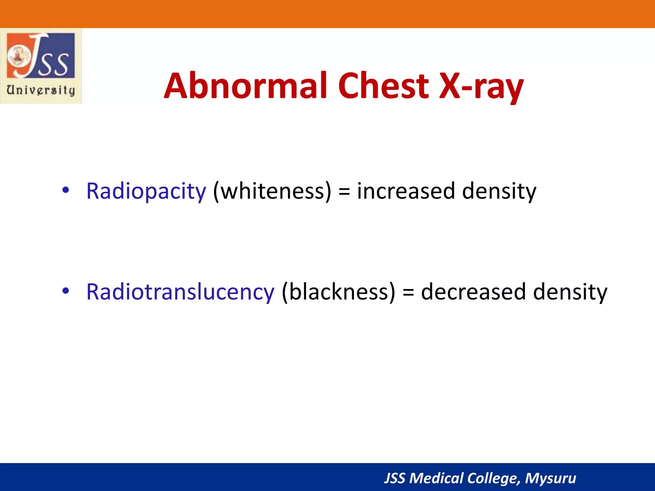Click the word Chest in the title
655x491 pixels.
click(383, 86)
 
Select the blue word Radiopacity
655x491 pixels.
click(146, 191)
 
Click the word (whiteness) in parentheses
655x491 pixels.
click(272, 191)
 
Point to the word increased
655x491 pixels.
click(406, 191)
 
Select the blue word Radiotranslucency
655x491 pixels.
click(180, 292)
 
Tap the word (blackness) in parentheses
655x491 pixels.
click(338, 292)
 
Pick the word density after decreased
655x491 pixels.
click(570, 292)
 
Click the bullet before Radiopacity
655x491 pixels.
click(66, 190)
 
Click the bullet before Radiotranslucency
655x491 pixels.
click(66, 291)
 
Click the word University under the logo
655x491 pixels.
click(41, 90)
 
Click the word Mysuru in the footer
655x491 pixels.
click(550, 478)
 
